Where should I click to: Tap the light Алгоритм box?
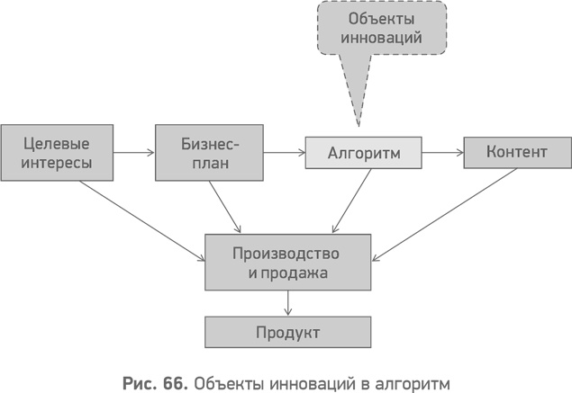tap(363, 153)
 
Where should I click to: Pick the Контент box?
tap(516, 153)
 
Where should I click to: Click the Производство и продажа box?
tap(286, 262)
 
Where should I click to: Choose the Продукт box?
tap(286, 332)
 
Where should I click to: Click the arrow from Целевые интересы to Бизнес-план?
tap(135, 153)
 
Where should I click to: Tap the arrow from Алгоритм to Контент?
tap(442, 153)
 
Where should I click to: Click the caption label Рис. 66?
tap(154, 380)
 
